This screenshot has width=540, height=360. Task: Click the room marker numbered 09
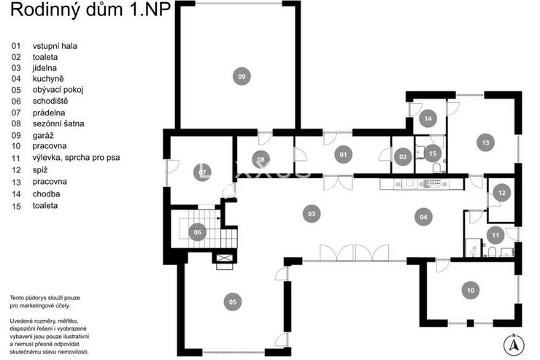pos(242,76)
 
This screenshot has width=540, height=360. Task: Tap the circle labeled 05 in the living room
pos(233,302)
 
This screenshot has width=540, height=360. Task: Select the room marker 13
pos(485,142)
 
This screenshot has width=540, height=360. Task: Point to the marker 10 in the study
pos(471,291)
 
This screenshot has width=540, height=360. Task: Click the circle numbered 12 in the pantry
pos(502,193)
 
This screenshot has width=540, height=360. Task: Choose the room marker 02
pos(403,157)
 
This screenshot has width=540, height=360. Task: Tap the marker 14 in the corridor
pos(428,118)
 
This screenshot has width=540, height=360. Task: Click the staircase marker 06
pos(197,232)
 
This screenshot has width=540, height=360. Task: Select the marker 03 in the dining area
pos(312,213)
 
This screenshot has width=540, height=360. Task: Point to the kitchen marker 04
pos(423,217)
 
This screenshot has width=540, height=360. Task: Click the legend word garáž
pos(43,135)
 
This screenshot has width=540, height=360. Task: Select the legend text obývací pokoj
pos(58,90)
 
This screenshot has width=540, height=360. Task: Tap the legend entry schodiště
pos(50,101)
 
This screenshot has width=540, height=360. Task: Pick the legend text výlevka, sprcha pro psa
pos(76,158)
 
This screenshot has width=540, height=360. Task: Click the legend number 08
pos(16,123)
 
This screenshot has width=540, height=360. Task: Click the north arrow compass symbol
pos(514,345)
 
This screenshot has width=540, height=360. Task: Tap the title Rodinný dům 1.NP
pos(90,9)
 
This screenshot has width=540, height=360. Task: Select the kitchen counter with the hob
pos(423,183)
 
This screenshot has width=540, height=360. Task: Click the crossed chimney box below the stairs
pos(224,258)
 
